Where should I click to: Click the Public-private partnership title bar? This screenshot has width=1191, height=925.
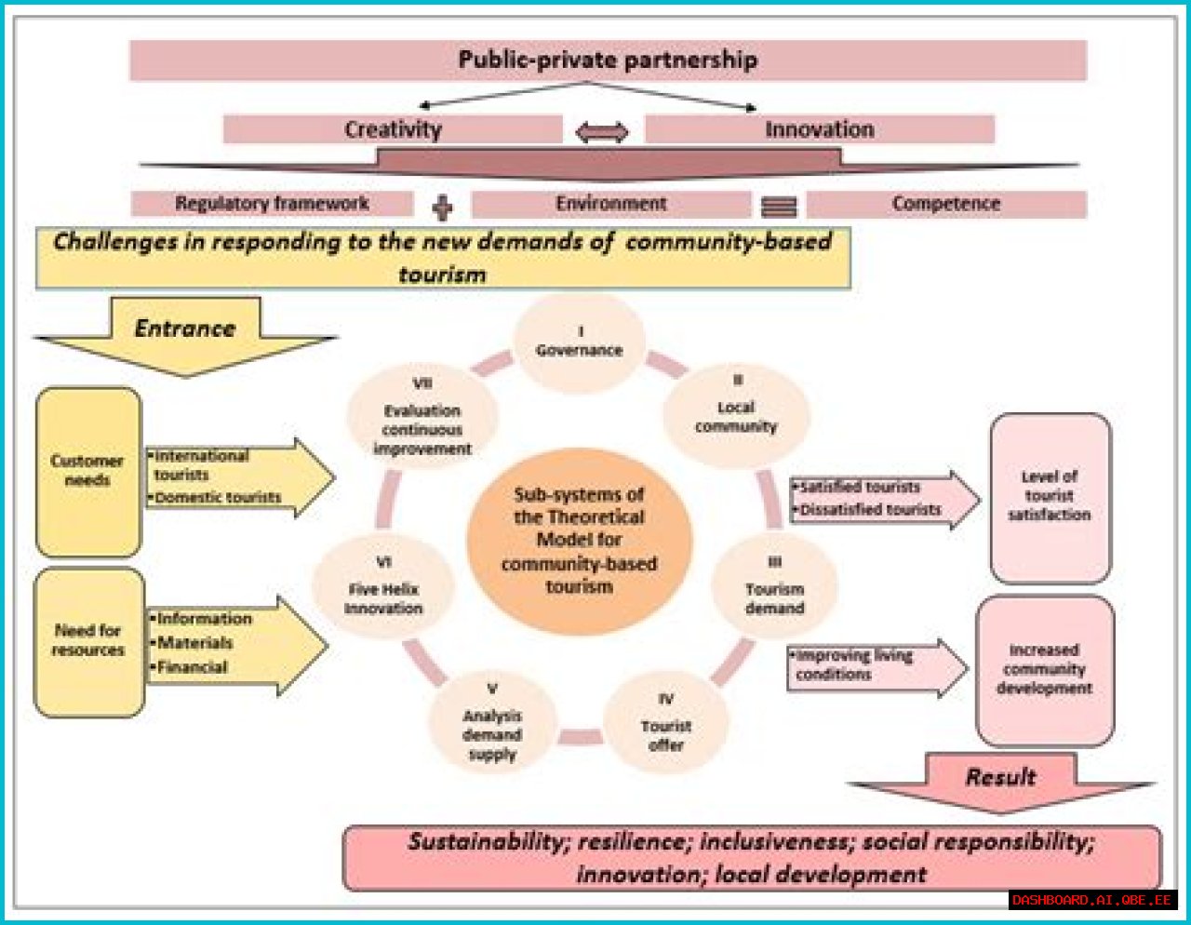click(608, 60)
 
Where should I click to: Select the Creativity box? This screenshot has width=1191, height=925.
click(393, 129)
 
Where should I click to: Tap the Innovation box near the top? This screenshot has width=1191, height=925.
click(819, 129)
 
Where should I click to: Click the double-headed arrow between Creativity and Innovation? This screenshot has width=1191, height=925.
click(602, 132)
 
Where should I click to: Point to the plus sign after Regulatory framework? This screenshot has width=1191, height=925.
click(443, 207)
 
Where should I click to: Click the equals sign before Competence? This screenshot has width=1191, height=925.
click(779, 207)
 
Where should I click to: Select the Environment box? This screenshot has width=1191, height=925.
click(610, 204)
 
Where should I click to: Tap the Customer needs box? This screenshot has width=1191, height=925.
click(87, 472)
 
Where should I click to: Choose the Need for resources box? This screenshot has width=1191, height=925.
click(88, 641)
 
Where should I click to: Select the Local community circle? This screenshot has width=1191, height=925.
click(735, 416)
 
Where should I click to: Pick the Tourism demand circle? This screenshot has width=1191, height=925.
click(774, 589)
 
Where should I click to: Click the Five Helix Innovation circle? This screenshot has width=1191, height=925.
click(383, 589)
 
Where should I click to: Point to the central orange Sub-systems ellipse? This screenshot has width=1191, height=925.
click(579, 541)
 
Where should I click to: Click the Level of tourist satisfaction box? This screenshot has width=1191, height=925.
click(1050, 497)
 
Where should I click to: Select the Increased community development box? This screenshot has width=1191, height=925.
click(1044, 669)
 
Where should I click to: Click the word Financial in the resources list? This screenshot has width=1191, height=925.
click(193, 667)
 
